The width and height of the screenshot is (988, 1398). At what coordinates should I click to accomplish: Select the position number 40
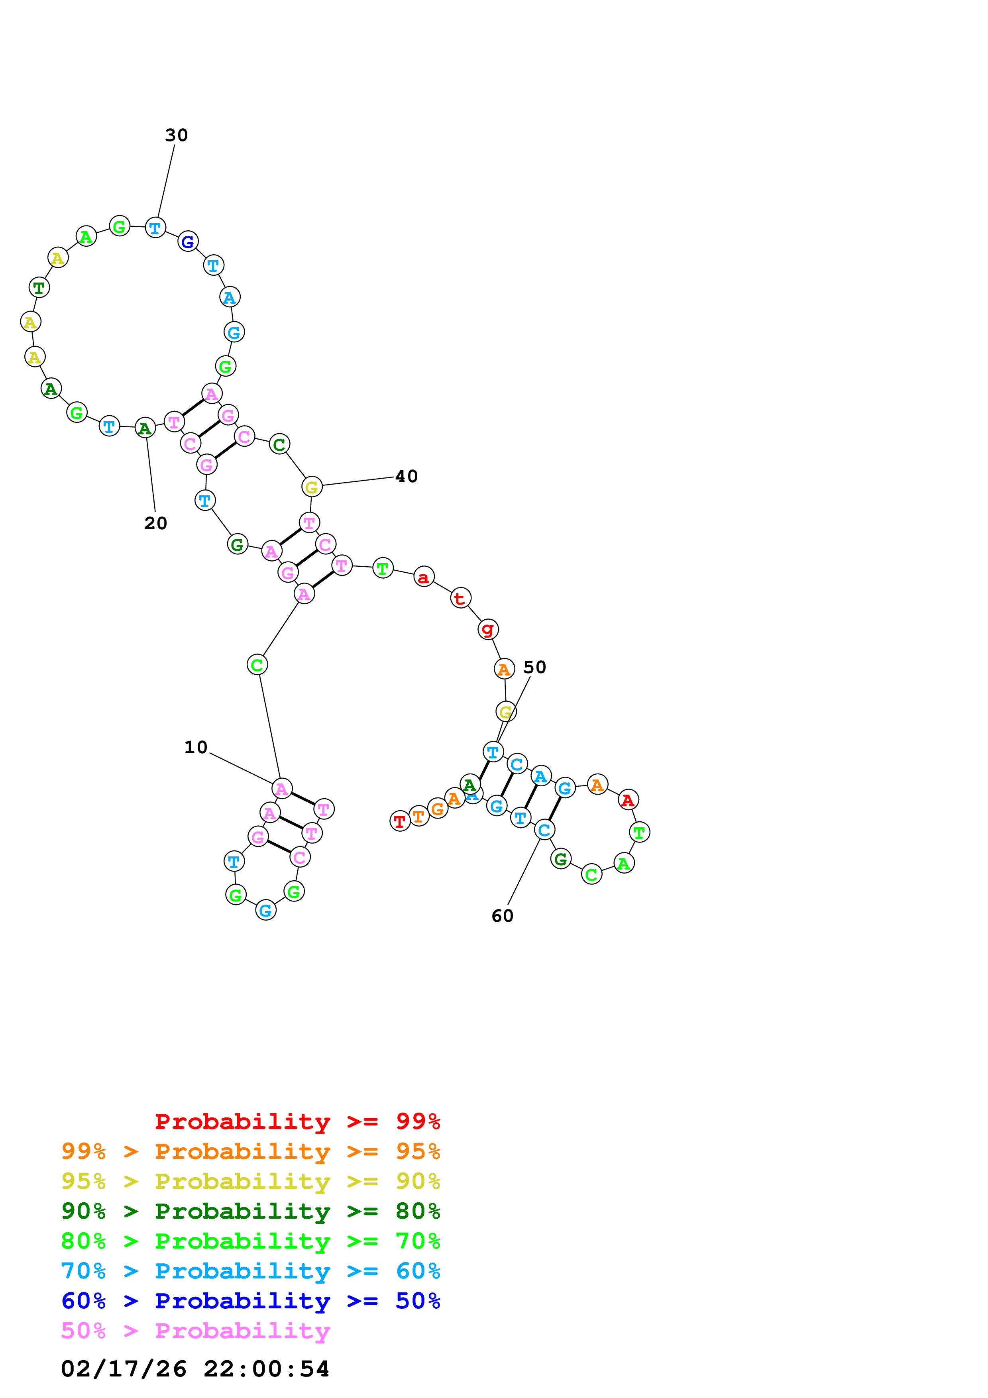406,476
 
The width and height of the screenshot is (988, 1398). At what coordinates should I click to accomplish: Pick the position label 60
502,916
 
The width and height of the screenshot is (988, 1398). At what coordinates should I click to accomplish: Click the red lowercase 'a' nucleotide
424,577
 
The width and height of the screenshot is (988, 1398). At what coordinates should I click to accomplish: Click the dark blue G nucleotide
188,242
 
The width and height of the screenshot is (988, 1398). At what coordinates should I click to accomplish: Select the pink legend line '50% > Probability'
195,1331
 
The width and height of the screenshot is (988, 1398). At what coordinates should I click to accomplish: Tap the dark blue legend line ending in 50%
250,1301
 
